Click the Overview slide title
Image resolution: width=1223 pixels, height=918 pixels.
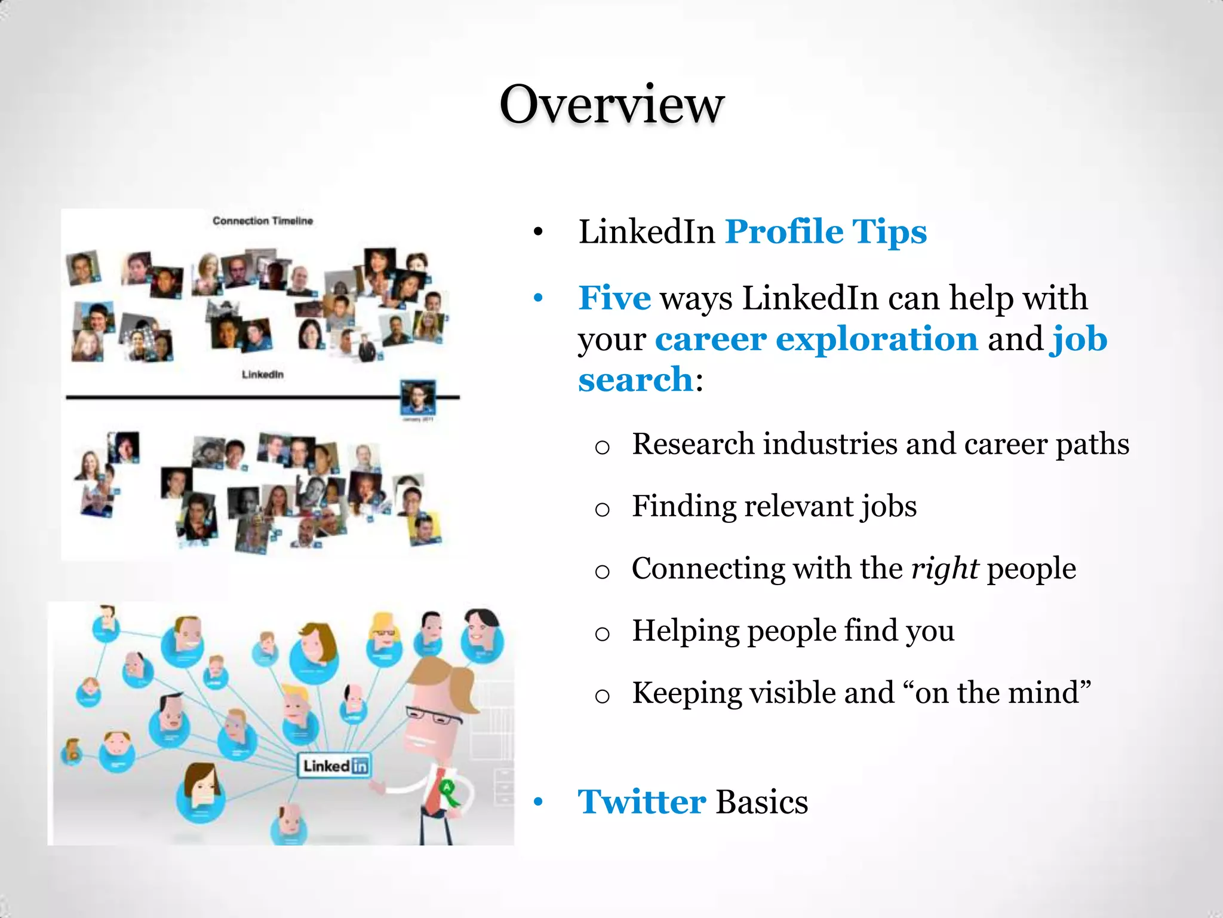click(x=611, y=105)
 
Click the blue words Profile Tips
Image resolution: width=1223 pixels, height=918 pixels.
click(x=825, y=232)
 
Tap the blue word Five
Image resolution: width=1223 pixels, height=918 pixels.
click(x=614, y=298)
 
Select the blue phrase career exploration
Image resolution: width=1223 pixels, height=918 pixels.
click(x=816, y=339)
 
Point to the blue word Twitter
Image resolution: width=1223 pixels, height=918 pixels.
click(x=642, y=802)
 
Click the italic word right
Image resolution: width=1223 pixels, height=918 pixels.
click(x=945, y=568)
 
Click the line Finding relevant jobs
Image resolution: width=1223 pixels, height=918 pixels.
click(x=774, y=506)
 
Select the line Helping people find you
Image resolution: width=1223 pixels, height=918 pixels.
click(x=793, y=631)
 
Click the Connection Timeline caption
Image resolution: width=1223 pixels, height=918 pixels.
click(x=263, y=221)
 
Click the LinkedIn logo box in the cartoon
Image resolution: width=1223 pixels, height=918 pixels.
click(x=334, y=766)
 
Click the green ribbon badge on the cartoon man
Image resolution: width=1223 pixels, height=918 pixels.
click(x=448, y=792)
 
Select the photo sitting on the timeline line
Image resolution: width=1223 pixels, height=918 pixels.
click(x=417, y=396)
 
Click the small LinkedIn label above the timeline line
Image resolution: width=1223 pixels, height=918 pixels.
click(x=263, y=375)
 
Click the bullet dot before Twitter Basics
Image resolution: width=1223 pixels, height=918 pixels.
click(x=539, y=803)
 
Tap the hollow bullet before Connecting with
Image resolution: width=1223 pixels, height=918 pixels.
click(x=602, y=572)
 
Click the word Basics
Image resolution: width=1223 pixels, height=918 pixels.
click(x=762, y=802)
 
